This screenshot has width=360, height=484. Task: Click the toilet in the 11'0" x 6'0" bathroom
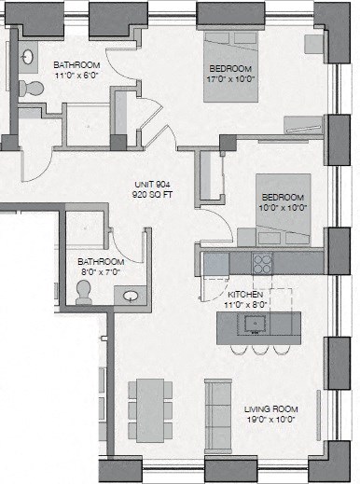point(35,89)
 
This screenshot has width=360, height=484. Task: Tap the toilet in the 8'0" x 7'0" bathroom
point(85,292)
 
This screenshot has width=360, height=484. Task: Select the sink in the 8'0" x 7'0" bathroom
point(130,296)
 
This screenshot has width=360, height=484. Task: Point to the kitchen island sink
point(253,324)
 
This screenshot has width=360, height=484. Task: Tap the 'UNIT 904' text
point(152,187)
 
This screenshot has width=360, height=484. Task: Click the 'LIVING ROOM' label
point(270,409)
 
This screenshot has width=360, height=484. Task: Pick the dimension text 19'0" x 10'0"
point(270,421)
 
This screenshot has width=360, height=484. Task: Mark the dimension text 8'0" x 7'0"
point(99,273)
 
